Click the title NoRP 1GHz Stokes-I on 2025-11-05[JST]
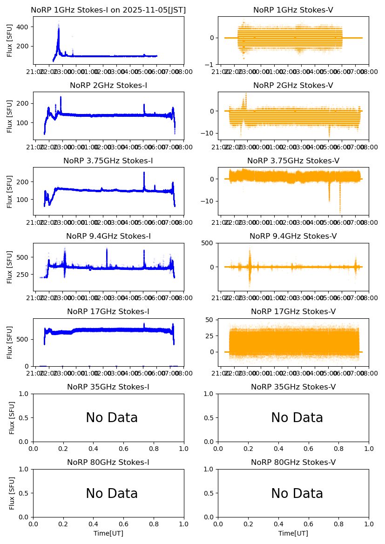[108, 10]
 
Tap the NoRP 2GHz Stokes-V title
[293, 86]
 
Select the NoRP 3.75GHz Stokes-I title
[108, 161]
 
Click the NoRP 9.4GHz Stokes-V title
[293, 236]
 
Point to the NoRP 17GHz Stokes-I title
[108, 312]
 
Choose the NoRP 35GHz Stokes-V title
[293, 387]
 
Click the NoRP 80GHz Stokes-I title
[108, 463]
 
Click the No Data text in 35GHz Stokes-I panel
[112, 418]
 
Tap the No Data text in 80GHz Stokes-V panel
[297, 493]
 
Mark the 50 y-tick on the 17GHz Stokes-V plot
[210, 320]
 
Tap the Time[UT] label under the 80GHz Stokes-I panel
[108, 533]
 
